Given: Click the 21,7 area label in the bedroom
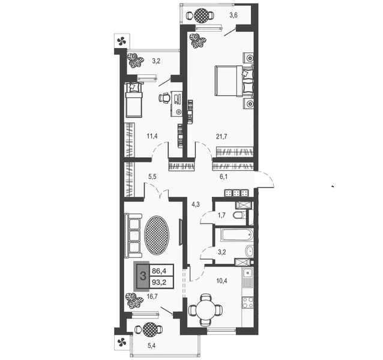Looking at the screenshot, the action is pyautogui.click(x=222, y=136).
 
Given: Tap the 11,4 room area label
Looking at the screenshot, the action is pyautogui.click(x=152, y=136).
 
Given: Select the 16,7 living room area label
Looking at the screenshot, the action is pyautogui.click(x=152, y=296).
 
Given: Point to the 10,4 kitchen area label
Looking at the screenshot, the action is pyautogui.click(x=222, y=281).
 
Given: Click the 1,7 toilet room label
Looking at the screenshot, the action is pyautogui.click(x=222, y=215).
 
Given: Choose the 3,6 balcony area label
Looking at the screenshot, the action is pyautogui.click(x=234, y=15).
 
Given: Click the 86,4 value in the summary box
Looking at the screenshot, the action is pyautogui.click(x=159, y=271).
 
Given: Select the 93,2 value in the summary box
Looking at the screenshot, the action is pyautogui.click(x=159, y=283).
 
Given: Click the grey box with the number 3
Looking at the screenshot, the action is pyautogui.click(x=143, y=276).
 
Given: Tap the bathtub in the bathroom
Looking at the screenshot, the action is pyautogui.click(x=237, y=235).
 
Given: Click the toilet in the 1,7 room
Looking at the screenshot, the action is pyautogui.click(x=239, y=215).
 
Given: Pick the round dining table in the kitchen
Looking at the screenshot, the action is pyautogui.click(x=205, y=310).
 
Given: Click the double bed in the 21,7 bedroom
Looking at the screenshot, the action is pyautogui.click(x=234, y=80).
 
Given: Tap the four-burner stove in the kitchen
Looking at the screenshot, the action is pyautogui.click(x=248, y=303).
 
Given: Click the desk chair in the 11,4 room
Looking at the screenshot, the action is pyautogui.click(x=164, y=98).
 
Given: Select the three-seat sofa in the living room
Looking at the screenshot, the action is pyautogui.click(x=133, y=236).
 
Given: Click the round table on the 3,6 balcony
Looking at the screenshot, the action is pyautogui.click(x=202, y=16).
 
